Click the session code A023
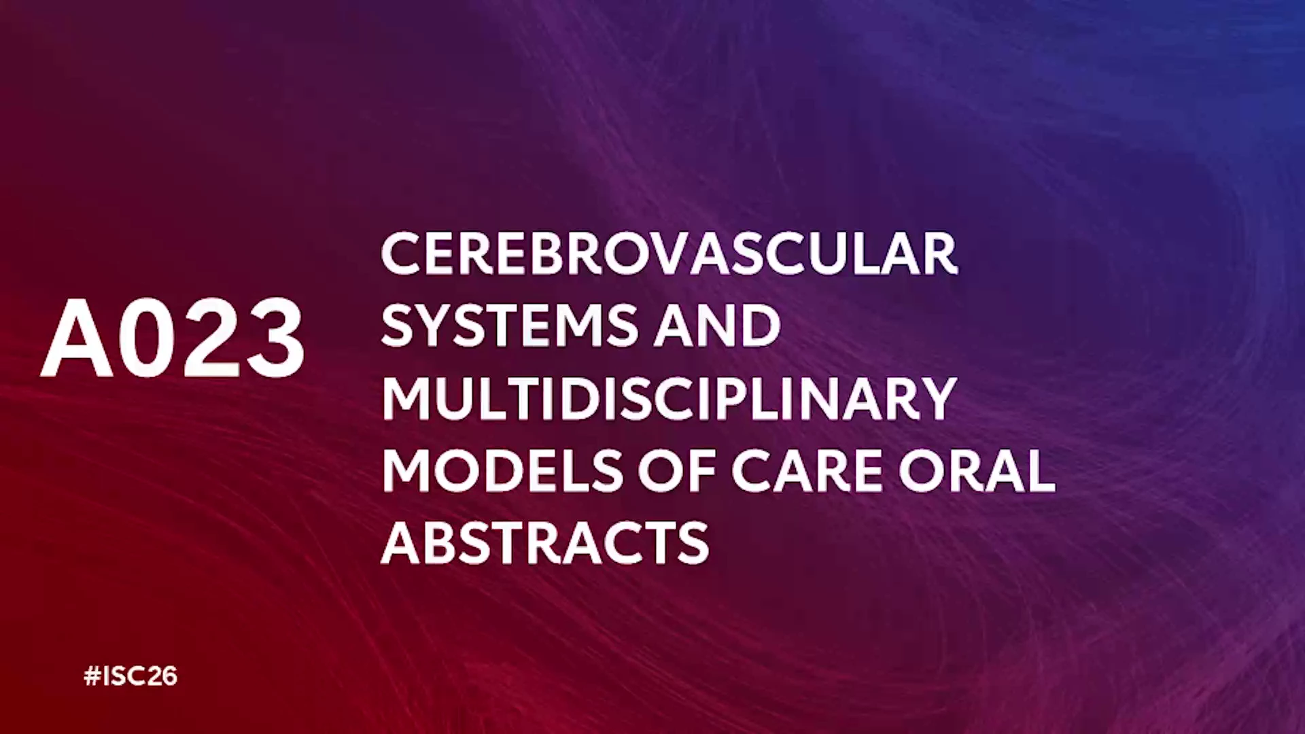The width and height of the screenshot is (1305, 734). [x=173, y=338]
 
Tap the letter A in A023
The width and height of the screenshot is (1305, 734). [x=77, y=338]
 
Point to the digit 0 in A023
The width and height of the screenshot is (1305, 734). [x=150, y=338]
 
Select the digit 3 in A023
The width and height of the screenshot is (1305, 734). [x=275, y=338]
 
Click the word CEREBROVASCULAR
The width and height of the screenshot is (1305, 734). [x=669, y=254]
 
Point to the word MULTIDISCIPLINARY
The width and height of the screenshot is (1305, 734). [x=669, y=398]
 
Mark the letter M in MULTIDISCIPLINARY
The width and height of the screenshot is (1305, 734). [x=405, y=398]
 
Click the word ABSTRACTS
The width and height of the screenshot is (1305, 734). [x=545, y=543]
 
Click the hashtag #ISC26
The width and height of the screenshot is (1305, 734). [x=130, y=676]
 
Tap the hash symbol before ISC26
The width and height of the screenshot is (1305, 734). [x=92, y=676]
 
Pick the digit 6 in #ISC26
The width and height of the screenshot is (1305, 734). [x=169, y=676]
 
